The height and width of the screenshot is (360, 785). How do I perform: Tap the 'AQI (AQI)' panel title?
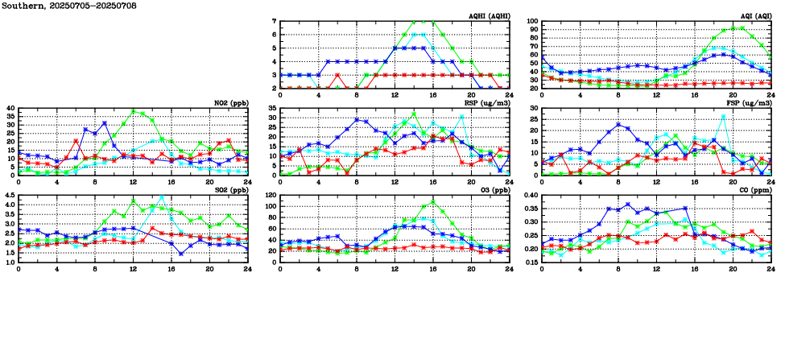[x=752, y=16]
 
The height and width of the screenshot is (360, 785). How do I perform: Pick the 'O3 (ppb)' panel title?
[x=491, y=190]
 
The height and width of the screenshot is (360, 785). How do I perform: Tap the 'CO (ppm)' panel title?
[x=754, y=190]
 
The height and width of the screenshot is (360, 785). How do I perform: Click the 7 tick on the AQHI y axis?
[x=275, y=21]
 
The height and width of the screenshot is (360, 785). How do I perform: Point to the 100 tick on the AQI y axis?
[x=533, y=21]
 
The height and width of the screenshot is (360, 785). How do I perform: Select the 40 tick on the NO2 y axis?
[x=10, y=108]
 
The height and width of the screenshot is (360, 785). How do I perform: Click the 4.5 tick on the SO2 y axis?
[x=9, y=195]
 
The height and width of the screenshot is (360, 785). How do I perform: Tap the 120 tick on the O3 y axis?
[x=271, y=195]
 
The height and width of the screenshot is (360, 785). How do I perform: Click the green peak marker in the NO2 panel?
[x=134, y=111]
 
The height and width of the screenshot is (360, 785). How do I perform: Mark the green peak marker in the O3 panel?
[x=433, y=202]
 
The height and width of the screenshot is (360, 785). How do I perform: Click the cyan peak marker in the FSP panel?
[x=724, y=116]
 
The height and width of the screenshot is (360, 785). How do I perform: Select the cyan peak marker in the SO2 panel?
[x=162, y=197]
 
